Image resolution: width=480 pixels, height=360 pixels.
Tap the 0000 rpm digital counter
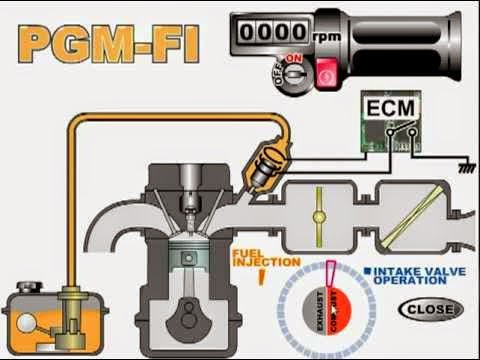[270, 31]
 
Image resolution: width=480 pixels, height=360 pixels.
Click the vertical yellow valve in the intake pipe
[318, 215]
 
